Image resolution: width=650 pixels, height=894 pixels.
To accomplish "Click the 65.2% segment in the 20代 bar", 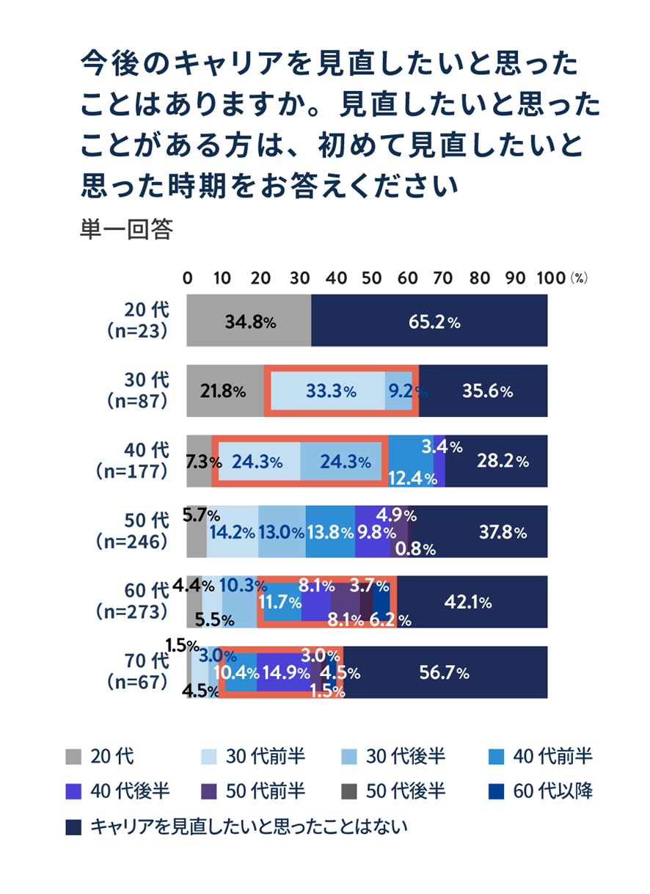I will point(429,321).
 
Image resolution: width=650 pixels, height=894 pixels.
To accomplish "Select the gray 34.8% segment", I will point(249,321).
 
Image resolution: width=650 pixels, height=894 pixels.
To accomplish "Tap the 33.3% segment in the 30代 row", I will point(328,391).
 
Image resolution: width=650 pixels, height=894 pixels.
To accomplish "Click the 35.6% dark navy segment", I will point(483,391).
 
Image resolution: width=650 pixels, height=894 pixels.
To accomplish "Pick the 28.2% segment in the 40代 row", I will point(496,461).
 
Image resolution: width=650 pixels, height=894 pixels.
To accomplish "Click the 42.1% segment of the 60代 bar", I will point(472,602).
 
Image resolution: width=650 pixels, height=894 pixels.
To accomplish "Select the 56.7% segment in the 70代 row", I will point(445,672).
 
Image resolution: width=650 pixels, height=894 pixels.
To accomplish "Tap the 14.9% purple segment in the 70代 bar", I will point(284,672).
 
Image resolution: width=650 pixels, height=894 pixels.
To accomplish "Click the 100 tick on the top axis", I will point(549,279).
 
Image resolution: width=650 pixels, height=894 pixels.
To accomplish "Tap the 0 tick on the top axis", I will point(188,279).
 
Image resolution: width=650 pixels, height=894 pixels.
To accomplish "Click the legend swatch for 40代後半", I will point(73,791).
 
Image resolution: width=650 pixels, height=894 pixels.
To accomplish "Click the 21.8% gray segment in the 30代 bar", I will point(224,391).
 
